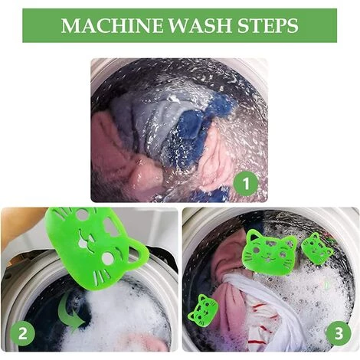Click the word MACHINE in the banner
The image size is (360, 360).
point(112,25)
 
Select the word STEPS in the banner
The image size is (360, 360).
point(268,25)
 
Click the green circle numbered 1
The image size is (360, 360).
point(246,183)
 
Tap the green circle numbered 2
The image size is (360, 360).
point(22,333)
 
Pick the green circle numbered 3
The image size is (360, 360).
point(339,333)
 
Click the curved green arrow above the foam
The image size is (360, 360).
point(70,313)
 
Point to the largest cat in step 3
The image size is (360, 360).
point(270,252)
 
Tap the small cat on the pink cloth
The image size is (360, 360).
point(203,309)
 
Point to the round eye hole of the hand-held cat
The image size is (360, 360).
point(108,259)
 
